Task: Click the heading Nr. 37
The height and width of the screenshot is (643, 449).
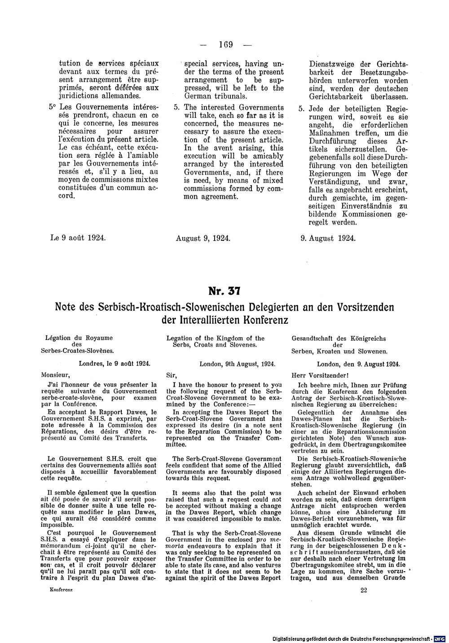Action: tap(224, 291)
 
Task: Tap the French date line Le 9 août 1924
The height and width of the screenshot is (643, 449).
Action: tap(79, 238)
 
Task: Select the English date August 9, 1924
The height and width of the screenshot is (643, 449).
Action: tap(203, 238)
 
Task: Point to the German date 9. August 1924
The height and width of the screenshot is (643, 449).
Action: tap(328, 238)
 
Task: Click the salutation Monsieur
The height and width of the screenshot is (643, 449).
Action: tap(55, 374)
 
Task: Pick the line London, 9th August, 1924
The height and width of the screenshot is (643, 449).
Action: tap(237, 365)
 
